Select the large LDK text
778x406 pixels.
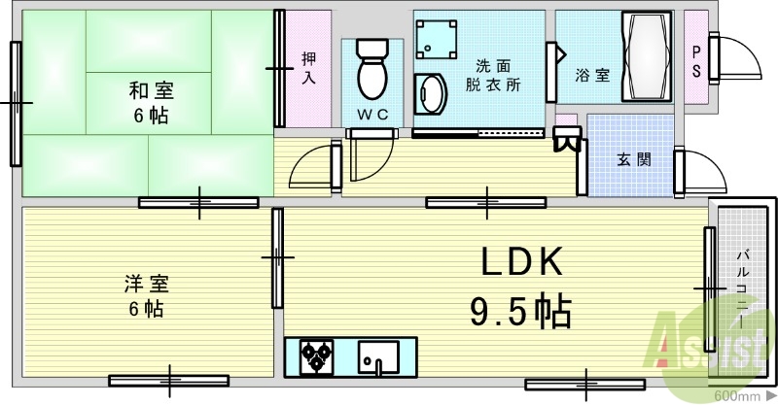[x=519, y=262]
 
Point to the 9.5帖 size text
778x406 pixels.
[x=520, y=310]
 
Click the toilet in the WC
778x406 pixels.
[x=371, y=68]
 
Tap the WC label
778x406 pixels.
[x=371, y=114]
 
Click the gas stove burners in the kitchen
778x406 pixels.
[x=317, y=356]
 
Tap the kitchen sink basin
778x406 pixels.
[x=380, y=356]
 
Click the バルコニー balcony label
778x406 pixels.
[x=740, y=283]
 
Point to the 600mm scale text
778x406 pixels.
[x=736, y=396]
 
